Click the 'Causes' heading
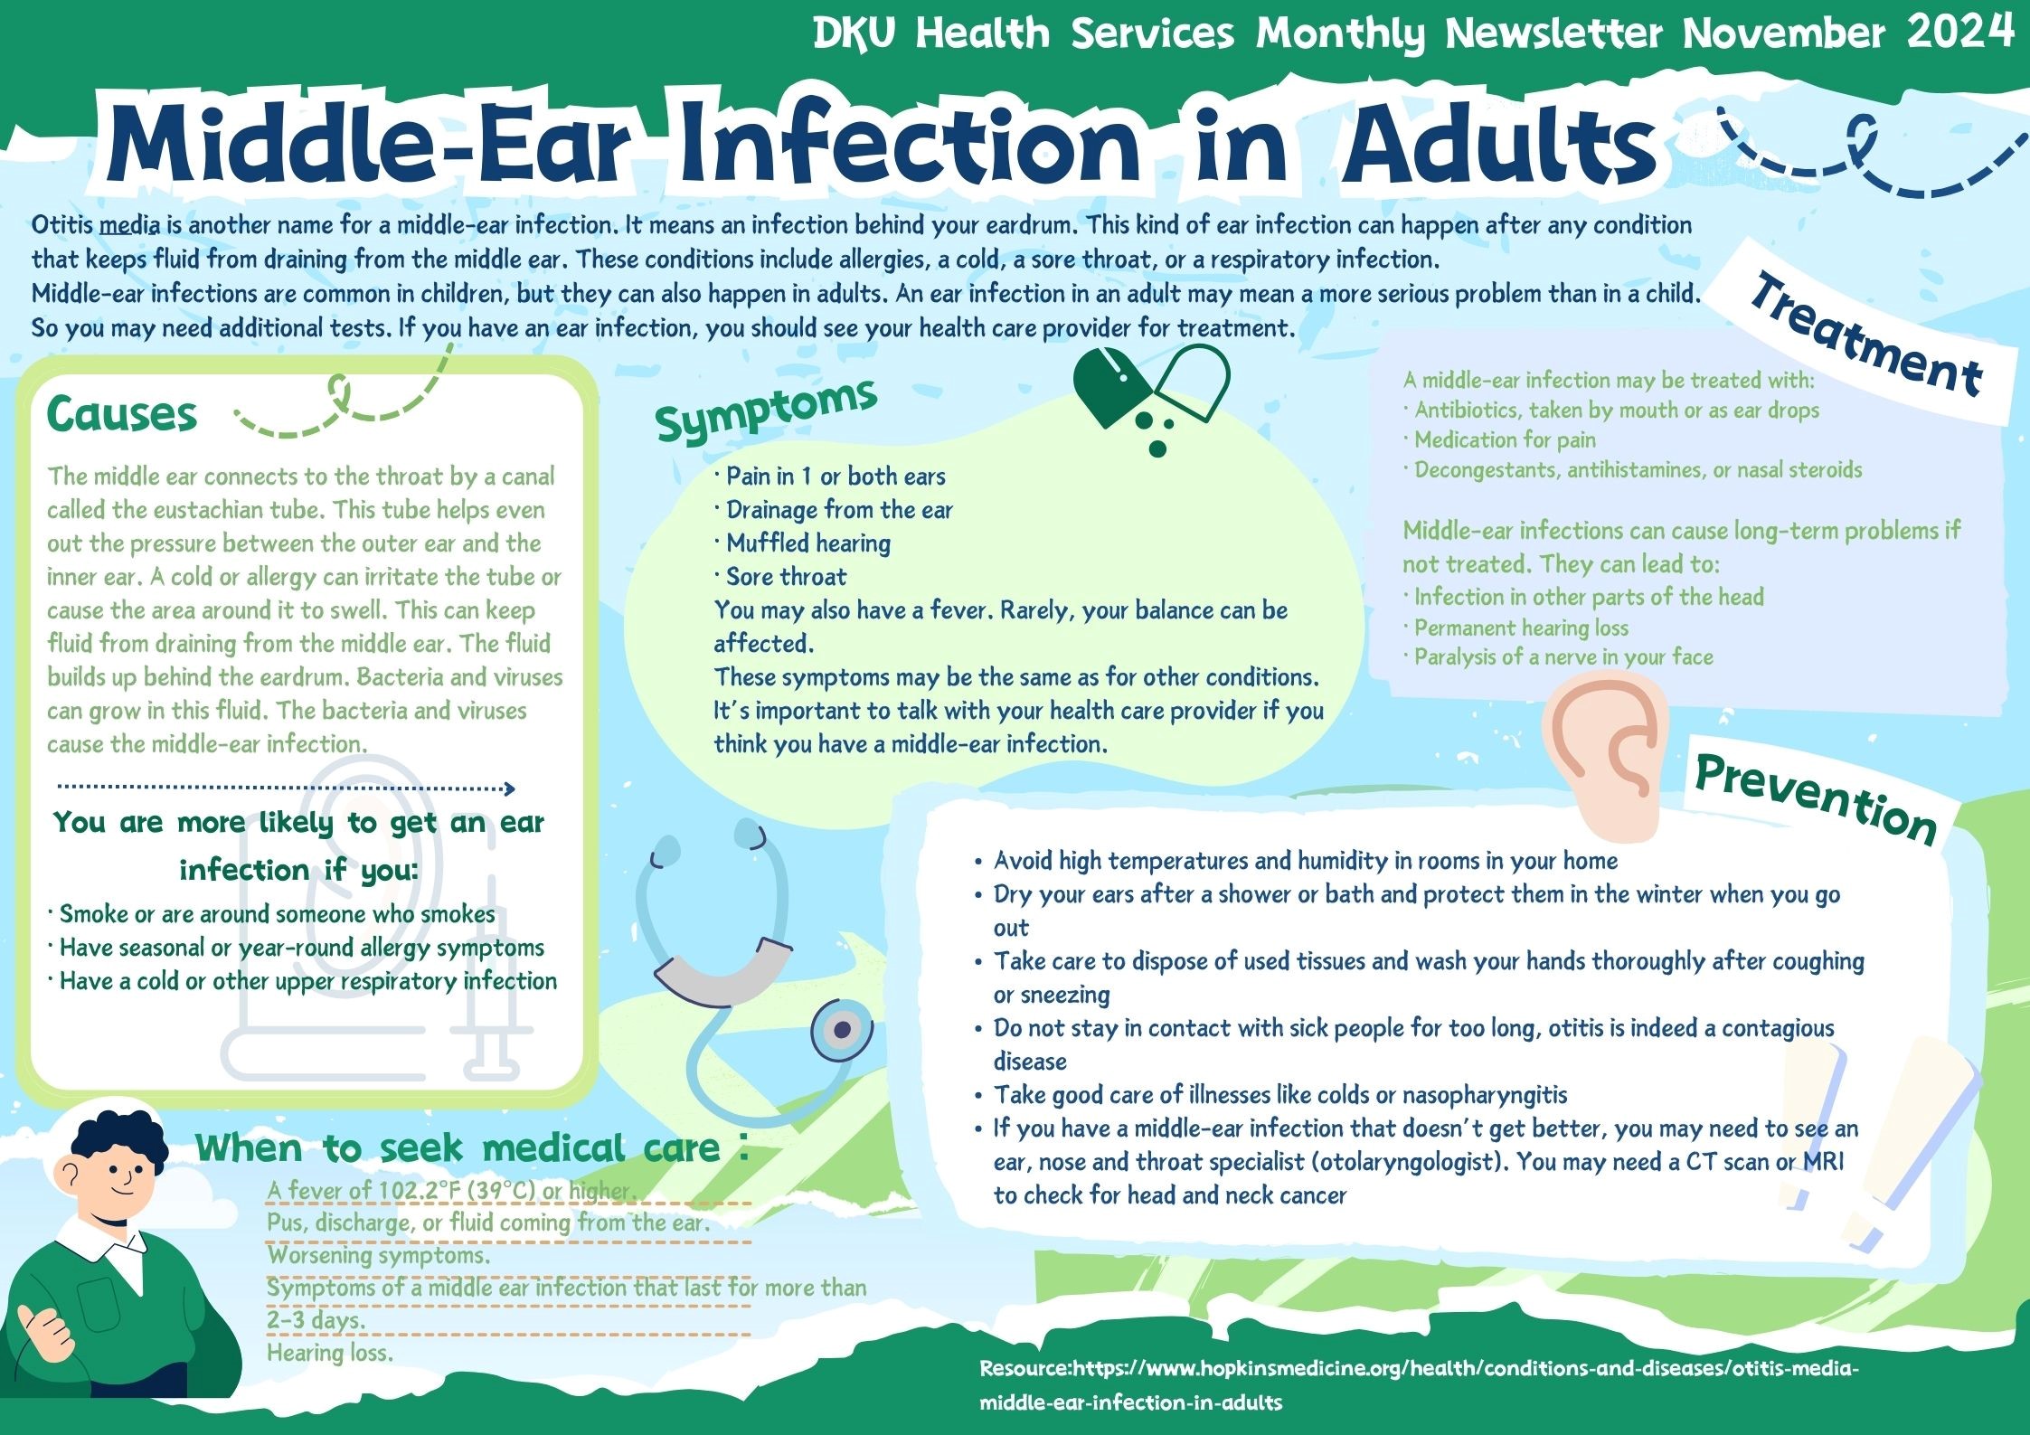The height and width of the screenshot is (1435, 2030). coord(121,415)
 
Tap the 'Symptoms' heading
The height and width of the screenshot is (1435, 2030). coord(767,410)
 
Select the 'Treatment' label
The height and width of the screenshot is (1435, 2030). coord(1866,335)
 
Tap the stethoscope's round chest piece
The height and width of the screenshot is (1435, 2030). coord(842,1029)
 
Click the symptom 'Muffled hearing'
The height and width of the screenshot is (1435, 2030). coord(808,543)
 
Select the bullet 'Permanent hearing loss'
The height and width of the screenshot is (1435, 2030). coord(1521,628)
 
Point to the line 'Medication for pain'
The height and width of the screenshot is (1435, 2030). coord(1505,439)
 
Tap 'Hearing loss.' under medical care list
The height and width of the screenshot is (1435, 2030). coord(330,1353)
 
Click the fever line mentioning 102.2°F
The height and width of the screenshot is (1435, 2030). coord(452,1191)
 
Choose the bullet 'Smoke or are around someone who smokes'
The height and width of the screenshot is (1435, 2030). coord(277,914)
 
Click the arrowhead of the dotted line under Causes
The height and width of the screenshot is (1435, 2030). coord(509,788)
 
